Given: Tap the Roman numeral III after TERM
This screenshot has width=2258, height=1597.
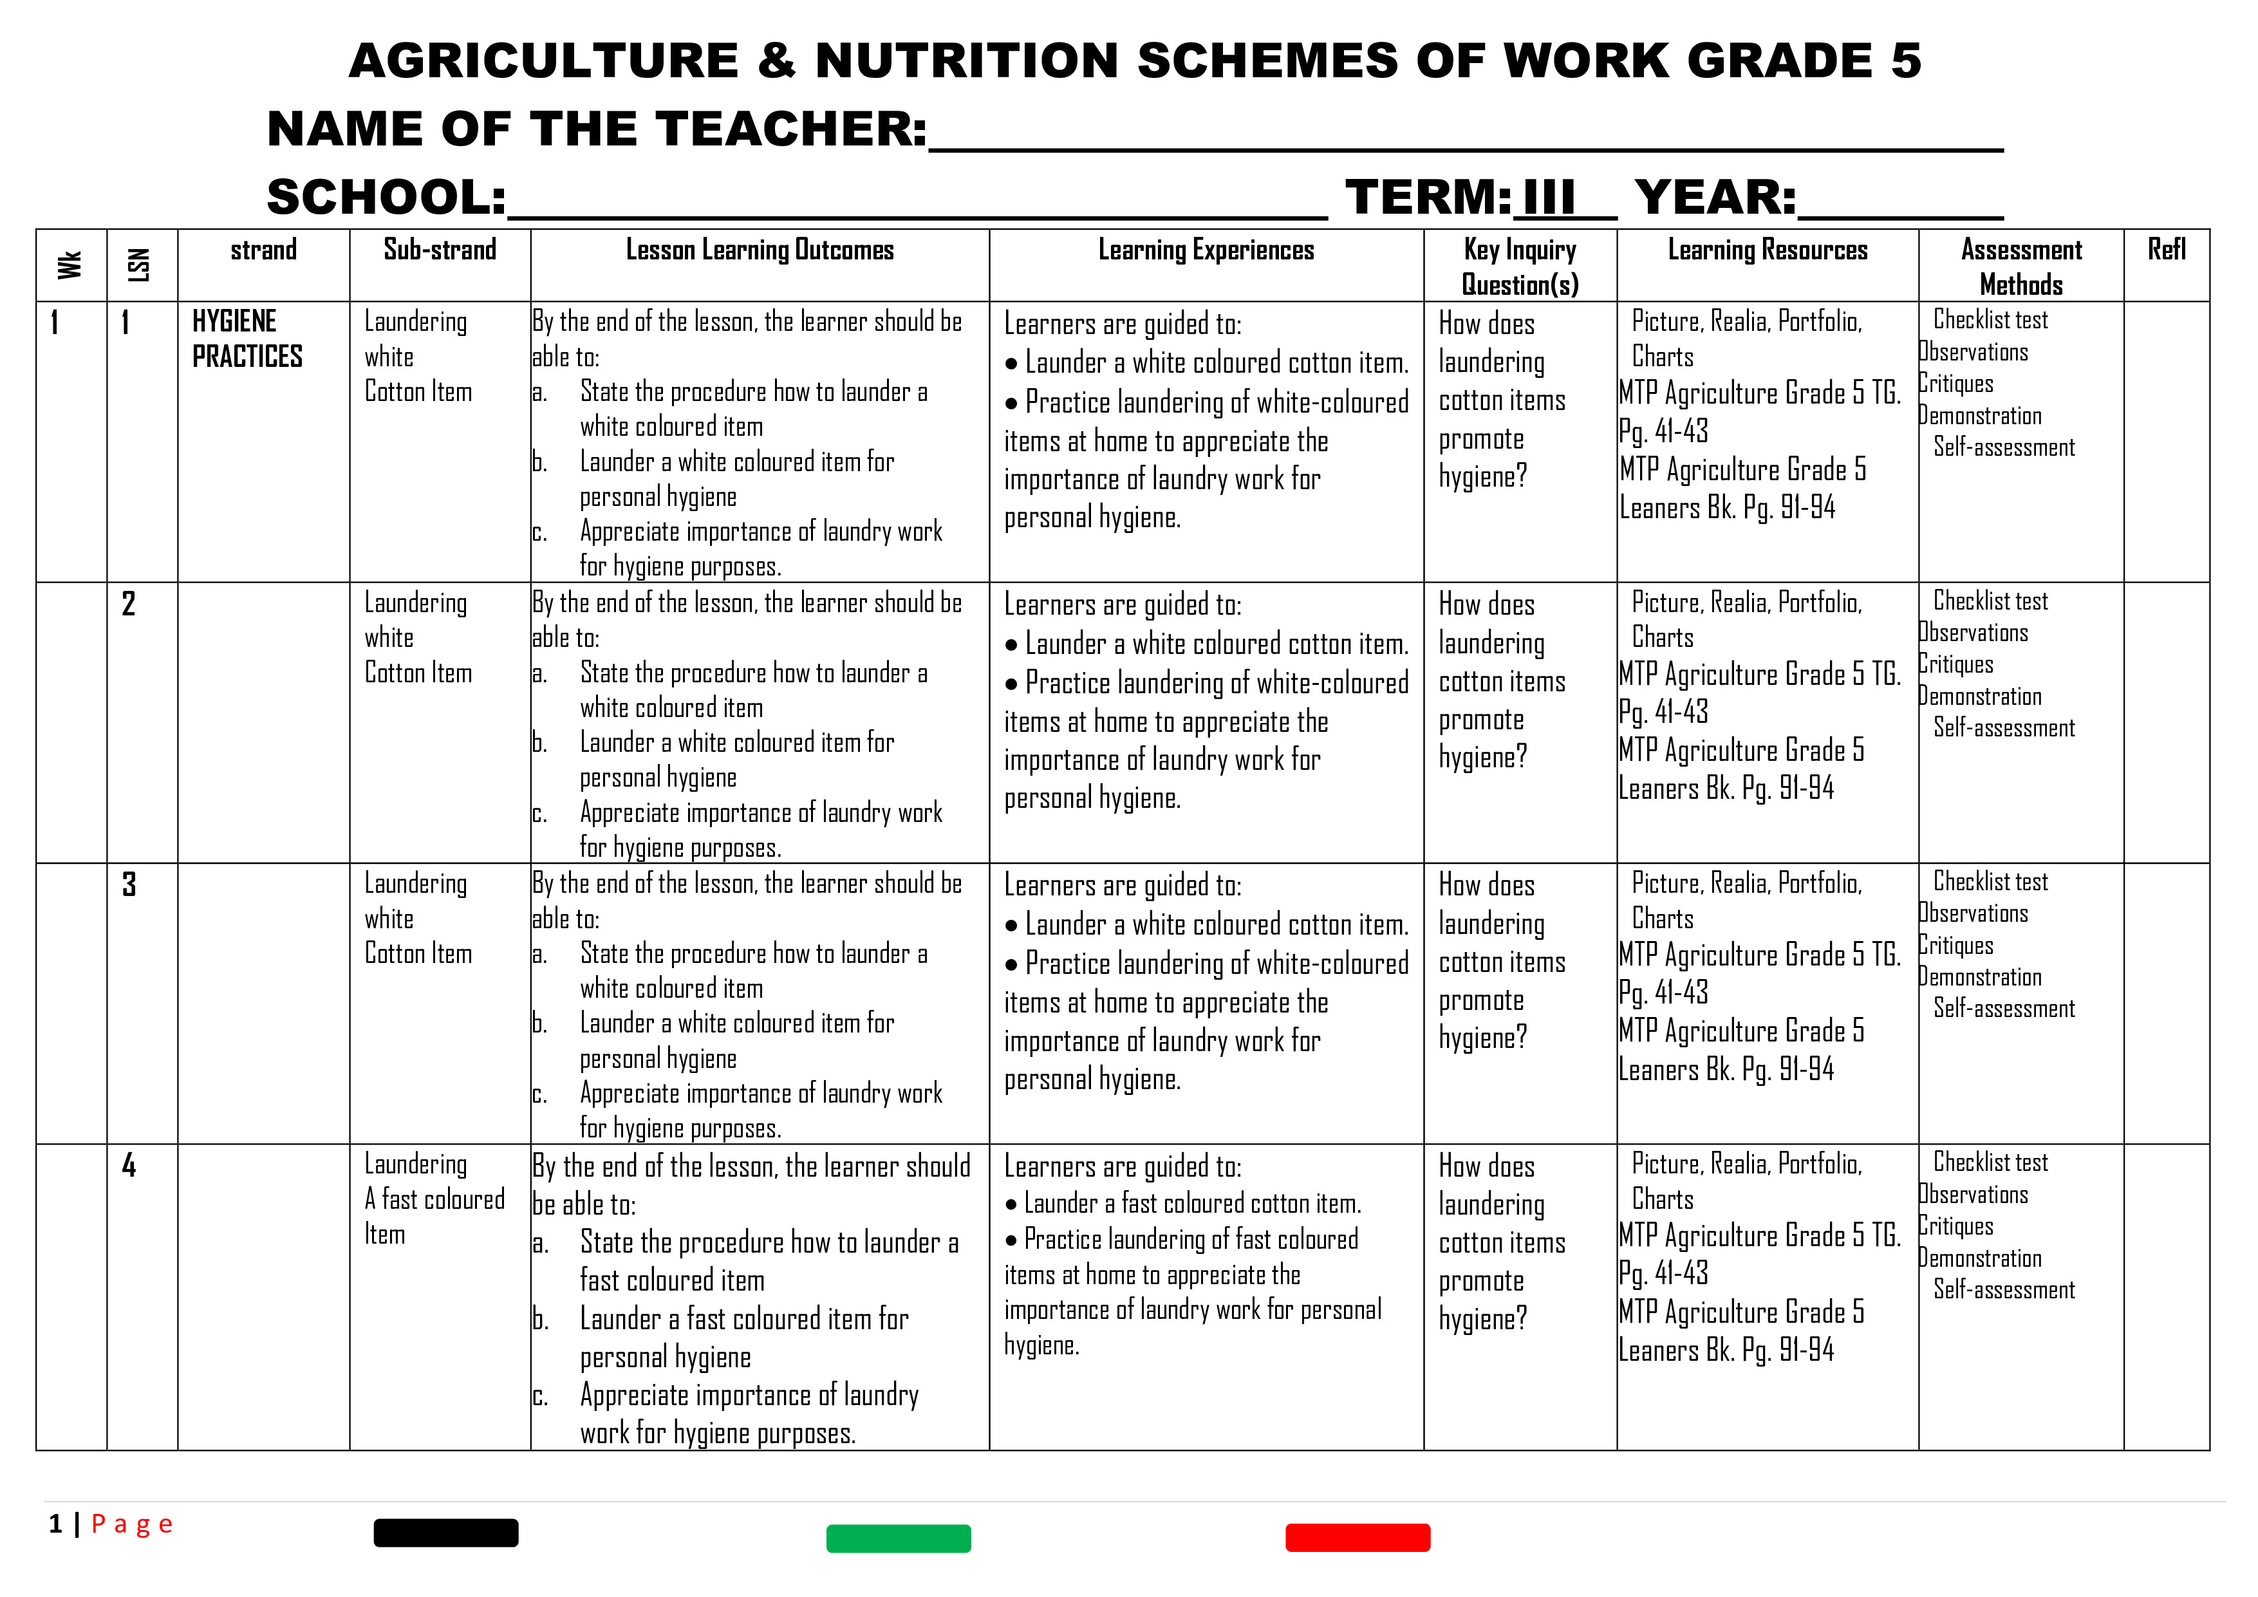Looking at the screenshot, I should [1548, 197].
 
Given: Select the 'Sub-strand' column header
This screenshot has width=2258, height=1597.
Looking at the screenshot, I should [440, 250].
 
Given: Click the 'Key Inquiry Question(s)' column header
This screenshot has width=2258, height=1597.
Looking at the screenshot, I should [1520, 266].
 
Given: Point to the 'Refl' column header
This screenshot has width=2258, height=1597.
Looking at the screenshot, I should [2167, 250].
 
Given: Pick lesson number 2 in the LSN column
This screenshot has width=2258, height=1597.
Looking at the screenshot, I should [129, 604].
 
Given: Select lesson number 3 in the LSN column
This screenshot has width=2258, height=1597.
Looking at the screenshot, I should [129, 884].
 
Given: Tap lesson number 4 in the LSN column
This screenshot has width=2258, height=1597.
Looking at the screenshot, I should [129, 1165].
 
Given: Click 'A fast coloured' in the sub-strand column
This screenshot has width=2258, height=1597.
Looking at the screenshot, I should [434, 1200].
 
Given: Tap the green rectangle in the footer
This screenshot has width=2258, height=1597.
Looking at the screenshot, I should [898, 1538].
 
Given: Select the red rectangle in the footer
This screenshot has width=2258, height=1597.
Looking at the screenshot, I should [1357, 1537].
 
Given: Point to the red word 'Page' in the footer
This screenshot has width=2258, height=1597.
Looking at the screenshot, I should [132, 1524].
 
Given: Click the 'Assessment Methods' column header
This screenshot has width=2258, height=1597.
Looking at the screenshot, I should [2021, 266].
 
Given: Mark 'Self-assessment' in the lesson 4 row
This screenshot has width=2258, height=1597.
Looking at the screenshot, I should [2003, 1289].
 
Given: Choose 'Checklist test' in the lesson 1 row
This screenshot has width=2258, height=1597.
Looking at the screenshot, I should [1990, 320].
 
